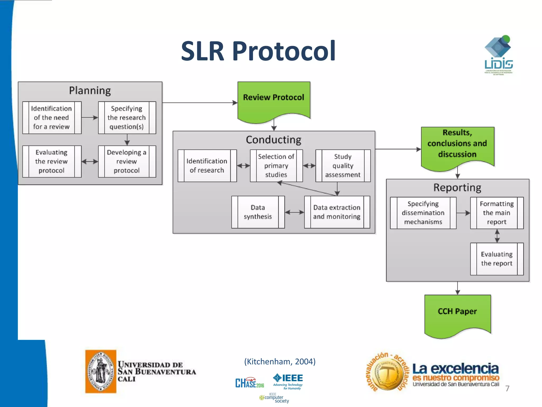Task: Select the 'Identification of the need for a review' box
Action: pos(52,118)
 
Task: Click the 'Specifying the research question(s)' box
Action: pos(127,118)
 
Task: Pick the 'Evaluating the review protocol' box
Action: pos(52,161)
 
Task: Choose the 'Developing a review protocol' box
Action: pos(127,161)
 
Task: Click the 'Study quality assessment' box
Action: pos(343,166)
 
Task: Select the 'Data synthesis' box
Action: pos(258,212)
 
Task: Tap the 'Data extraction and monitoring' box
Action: pos(337,212)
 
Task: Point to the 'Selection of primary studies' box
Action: pos(276,166)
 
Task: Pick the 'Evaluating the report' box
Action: pos(497,259)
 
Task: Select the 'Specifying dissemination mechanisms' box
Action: pos(423,213)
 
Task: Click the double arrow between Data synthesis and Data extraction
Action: pos(294,212)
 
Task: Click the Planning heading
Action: pos(90,91)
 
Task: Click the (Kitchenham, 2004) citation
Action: pos(280,361)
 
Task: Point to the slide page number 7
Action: pos(507,388)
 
